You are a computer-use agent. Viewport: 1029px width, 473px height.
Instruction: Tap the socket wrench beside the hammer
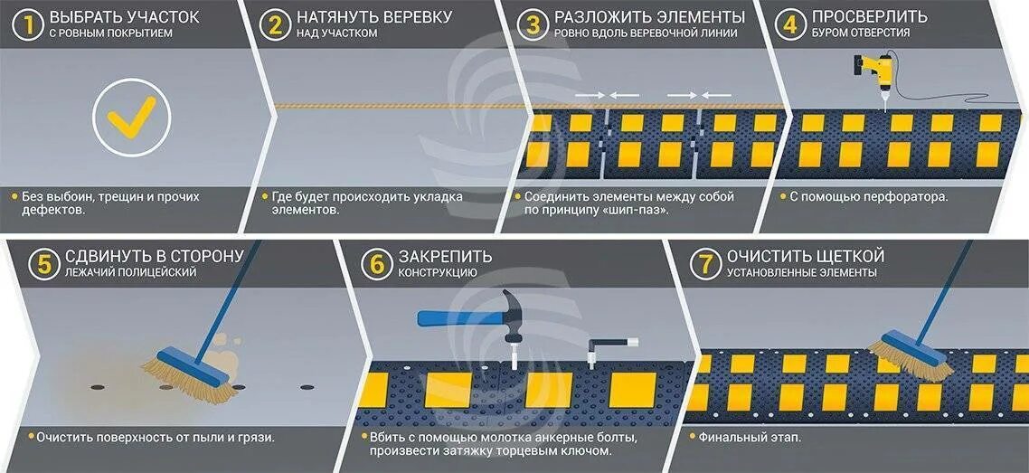pyautogui.click(x=604, y=348)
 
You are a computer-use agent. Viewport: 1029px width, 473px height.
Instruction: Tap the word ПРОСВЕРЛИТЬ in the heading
pyautogui.click(x=869, y=17)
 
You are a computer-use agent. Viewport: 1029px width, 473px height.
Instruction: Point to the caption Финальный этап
pyautogui.click(x=750, y=438)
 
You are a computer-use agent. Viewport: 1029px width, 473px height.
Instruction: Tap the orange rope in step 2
pyautogui.click(x=398, y=106)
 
